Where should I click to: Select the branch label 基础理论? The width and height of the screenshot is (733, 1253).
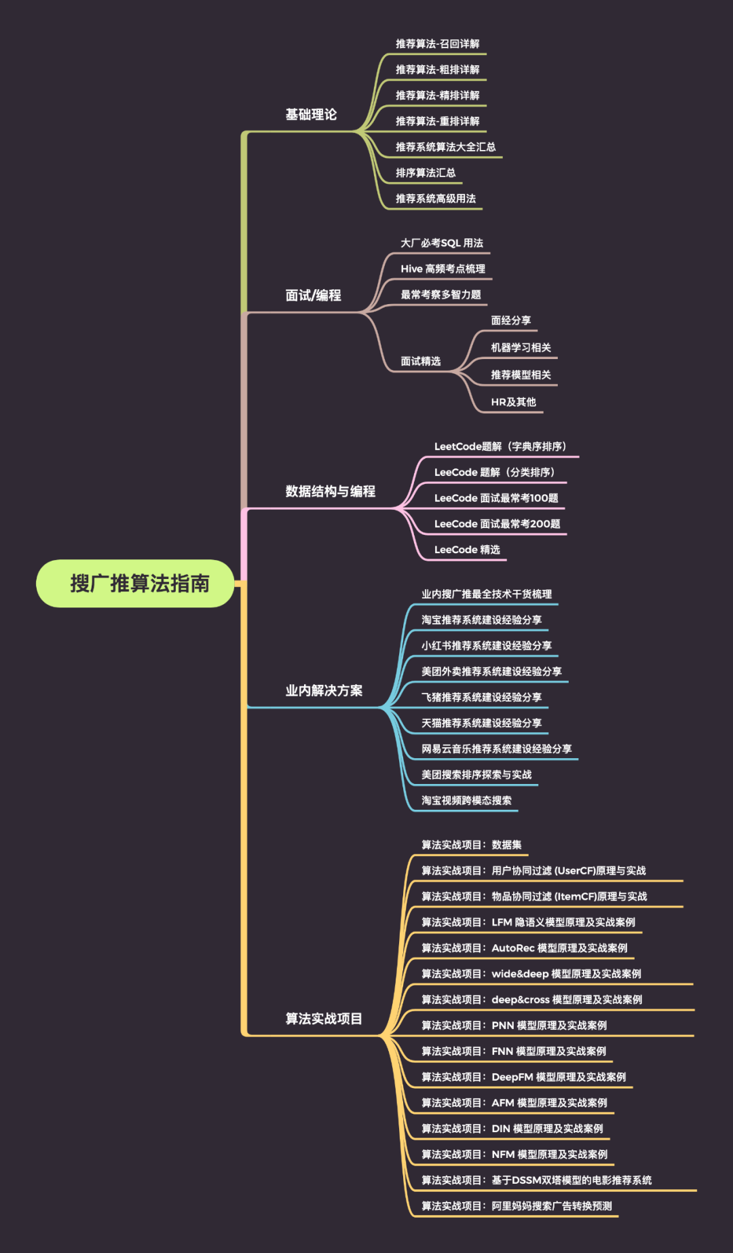(x=311, y=115)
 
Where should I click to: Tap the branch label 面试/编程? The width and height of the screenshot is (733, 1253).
(x=313, y=295)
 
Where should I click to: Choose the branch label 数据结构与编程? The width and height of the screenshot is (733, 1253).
(x=330, y=491)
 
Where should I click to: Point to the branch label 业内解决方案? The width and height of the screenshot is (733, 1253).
(x=324, y=691)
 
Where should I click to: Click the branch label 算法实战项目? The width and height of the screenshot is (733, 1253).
(x=324, y=1019)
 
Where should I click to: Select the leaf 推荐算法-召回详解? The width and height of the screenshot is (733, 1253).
(x=437, y=44)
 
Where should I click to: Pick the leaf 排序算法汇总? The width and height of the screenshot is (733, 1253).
(x=426, y=173)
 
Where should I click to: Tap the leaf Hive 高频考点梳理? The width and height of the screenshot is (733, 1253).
(x=443, y=269)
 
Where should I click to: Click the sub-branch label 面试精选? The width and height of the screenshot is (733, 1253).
(x=420, y=361)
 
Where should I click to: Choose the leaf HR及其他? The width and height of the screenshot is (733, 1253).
(x=513, y=402)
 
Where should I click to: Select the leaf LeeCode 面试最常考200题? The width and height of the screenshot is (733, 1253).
(x=497, y=524)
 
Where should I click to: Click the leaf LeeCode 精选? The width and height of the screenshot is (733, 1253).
(x=467, y=550)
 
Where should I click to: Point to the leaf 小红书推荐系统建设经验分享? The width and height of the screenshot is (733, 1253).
(x=486, y=646)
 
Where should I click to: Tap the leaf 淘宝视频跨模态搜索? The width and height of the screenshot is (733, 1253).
(x=466, y=800)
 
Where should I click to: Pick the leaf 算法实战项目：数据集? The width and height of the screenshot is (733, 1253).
(x=471, y=845)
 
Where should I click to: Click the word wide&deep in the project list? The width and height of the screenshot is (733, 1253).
(x=520, y=974)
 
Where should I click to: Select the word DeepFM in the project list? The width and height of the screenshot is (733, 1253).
(x=512, y=1077)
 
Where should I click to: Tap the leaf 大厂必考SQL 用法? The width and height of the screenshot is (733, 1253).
(x=442, y=243)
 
